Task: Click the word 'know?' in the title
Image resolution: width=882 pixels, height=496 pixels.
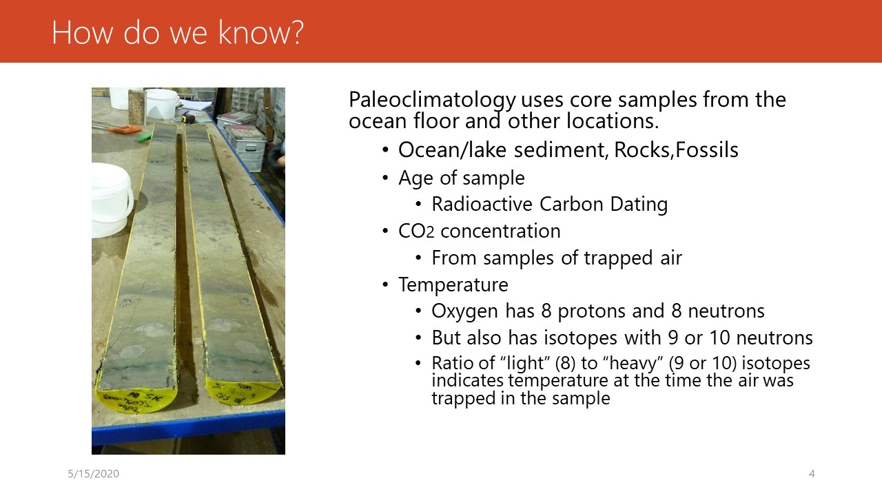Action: (260, 32)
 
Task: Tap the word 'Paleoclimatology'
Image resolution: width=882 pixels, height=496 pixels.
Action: (432, 100)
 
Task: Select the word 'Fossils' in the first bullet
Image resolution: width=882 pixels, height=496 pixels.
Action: (707, 149)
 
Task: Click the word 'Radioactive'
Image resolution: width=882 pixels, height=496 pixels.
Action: (482, 204)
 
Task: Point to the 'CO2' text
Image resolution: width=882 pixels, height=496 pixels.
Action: (416, 231)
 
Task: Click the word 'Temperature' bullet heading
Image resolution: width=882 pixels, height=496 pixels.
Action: (453, 285)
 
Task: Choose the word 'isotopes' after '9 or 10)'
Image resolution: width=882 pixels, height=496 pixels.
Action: (776, 363)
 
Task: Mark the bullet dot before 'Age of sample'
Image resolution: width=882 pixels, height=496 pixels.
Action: (385, 178)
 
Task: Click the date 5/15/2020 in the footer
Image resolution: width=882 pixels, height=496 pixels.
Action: (93, 473)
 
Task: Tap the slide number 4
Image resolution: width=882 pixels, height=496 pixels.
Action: (812, 473)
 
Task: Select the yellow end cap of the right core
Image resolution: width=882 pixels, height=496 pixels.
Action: (243, 391)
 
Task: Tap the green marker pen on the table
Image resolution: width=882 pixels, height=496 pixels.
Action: (144, 137)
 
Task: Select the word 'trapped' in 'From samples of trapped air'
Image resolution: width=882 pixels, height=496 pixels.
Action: (618, 258)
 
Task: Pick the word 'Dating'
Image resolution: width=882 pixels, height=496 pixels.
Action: (639, 205)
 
